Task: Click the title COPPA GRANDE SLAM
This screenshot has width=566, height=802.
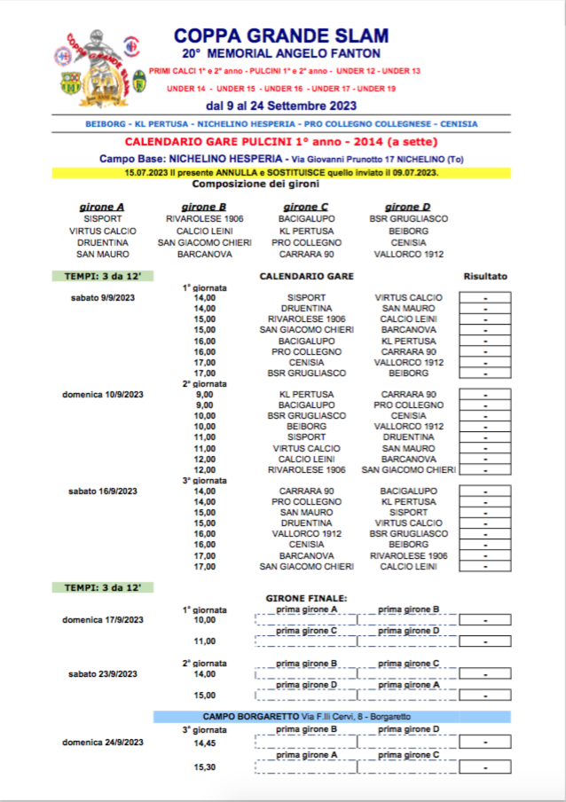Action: (280, 35)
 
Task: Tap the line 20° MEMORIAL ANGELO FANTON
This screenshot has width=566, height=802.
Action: (280, 54)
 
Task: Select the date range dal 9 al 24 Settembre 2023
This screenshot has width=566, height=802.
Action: (280, 106)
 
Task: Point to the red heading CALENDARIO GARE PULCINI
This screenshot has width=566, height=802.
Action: (280, 142)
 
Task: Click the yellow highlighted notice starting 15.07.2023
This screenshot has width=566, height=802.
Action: (280, 173)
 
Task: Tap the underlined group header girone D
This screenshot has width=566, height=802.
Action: (407, 207)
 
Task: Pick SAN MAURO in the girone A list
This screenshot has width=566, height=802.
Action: (101, 254)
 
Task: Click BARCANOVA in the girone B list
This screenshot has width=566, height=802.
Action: (204, 254)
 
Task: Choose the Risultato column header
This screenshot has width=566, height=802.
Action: (485, 276)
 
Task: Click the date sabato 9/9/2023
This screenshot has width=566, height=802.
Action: (104, 298)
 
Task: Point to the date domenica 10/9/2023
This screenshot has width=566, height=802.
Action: (102, 394)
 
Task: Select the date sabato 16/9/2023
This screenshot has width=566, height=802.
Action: (104, 491)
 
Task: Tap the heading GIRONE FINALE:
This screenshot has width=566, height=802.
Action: (306, 598)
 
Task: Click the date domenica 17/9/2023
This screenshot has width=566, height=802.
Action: (102, 619)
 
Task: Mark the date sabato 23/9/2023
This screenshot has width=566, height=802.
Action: (104, 673)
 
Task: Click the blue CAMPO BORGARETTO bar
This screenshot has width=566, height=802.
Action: (332, 716)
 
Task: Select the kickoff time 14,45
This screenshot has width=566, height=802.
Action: (205, 743)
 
